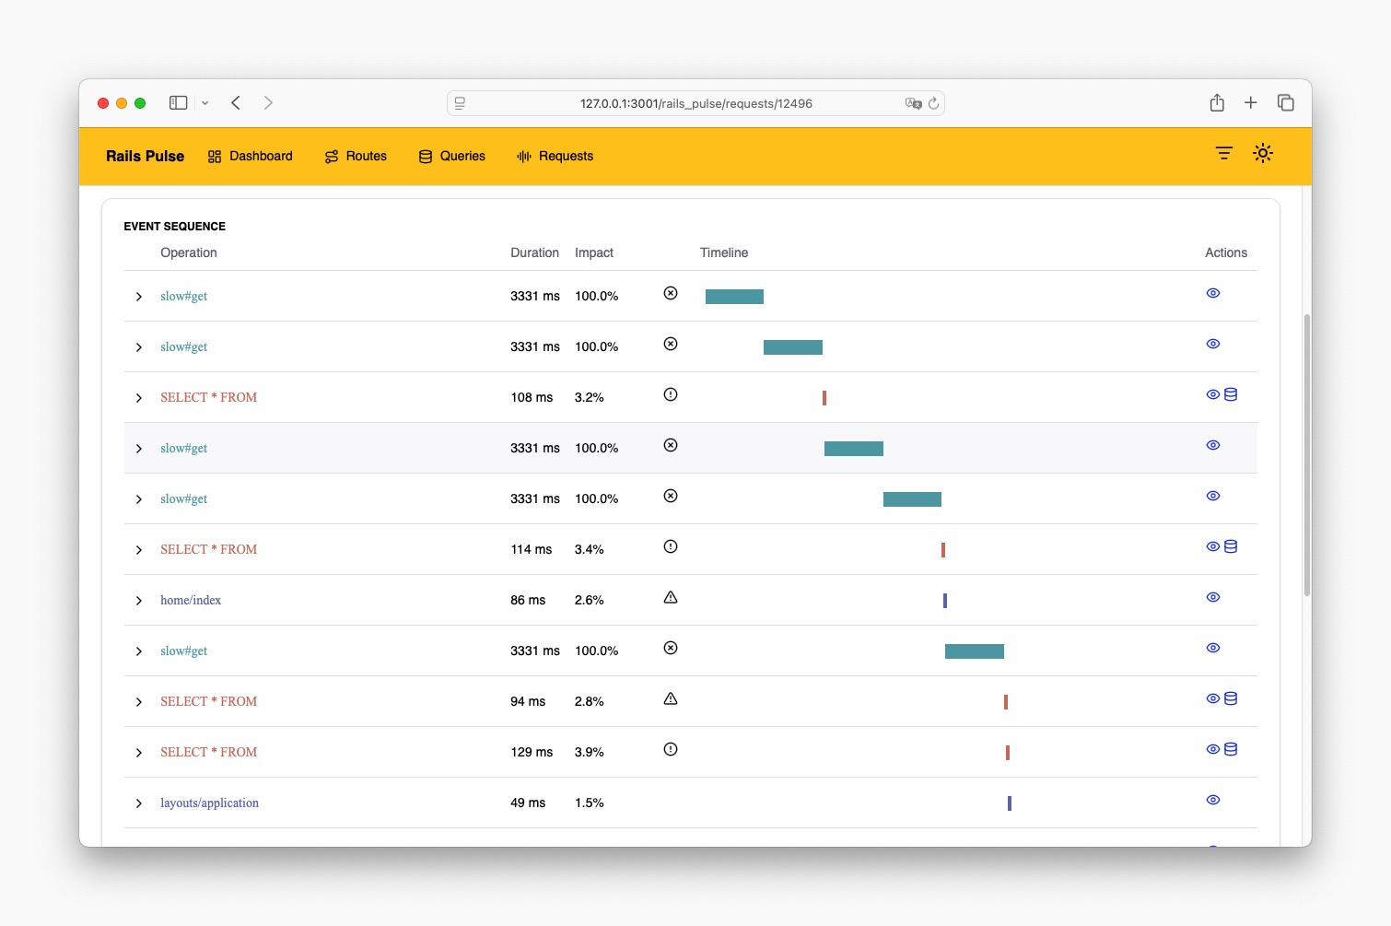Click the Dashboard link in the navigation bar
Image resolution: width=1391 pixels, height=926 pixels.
coord(251,157)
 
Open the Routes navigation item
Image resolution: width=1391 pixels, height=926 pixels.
coord(357,157)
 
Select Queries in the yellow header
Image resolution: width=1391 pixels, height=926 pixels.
coord(452,157)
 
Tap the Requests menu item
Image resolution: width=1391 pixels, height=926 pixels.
coord(555,157)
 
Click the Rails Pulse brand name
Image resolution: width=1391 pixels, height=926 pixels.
coord(145,157)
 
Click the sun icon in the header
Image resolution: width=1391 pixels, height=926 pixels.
coord(1263,153)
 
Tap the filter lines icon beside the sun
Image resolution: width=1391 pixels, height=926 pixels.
coord(1223,153)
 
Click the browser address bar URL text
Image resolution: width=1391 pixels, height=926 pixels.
coord(695,103)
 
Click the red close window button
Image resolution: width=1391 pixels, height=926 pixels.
coord(103,103)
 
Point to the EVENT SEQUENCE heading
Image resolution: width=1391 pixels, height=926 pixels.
coord(174,227)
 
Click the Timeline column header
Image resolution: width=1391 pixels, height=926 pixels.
coord(723,252)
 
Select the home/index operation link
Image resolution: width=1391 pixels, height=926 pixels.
coord(191,601)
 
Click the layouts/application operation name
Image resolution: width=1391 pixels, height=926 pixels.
coord(209,803)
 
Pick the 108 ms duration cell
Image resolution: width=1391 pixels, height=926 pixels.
coord(532,398)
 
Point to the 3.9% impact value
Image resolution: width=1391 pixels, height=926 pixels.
coord(589,753)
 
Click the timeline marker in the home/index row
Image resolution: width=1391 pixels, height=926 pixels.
coord(945,601)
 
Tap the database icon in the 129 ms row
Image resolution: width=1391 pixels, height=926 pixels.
coord(1231,749)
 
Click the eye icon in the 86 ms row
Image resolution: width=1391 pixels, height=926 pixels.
coord(1213,597)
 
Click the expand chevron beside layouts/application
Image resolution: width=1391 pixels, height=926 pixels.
coord(139,803)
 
